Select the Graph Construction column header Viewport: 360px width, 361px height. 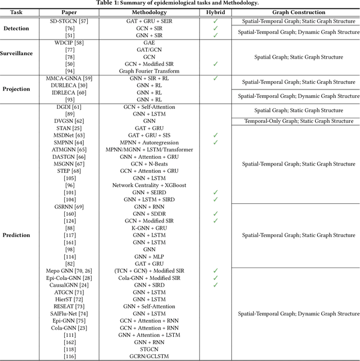point(299,12)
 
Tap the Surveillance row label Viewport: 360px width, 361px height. point(17,54)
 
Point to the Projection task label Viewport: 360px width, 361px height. point(17,88)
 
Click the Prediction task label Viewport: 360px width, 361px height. point(17,235)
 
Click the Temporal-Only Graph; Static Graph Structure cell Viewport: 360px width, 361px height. point(299,121)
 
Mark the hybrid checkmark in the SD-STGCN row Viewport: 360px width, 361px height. point(215,21)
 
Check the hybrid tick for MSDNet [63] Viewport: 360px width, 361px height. point(215,135)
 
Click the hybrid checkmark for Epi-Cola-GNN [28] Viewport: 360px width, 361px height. point(215,278)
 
